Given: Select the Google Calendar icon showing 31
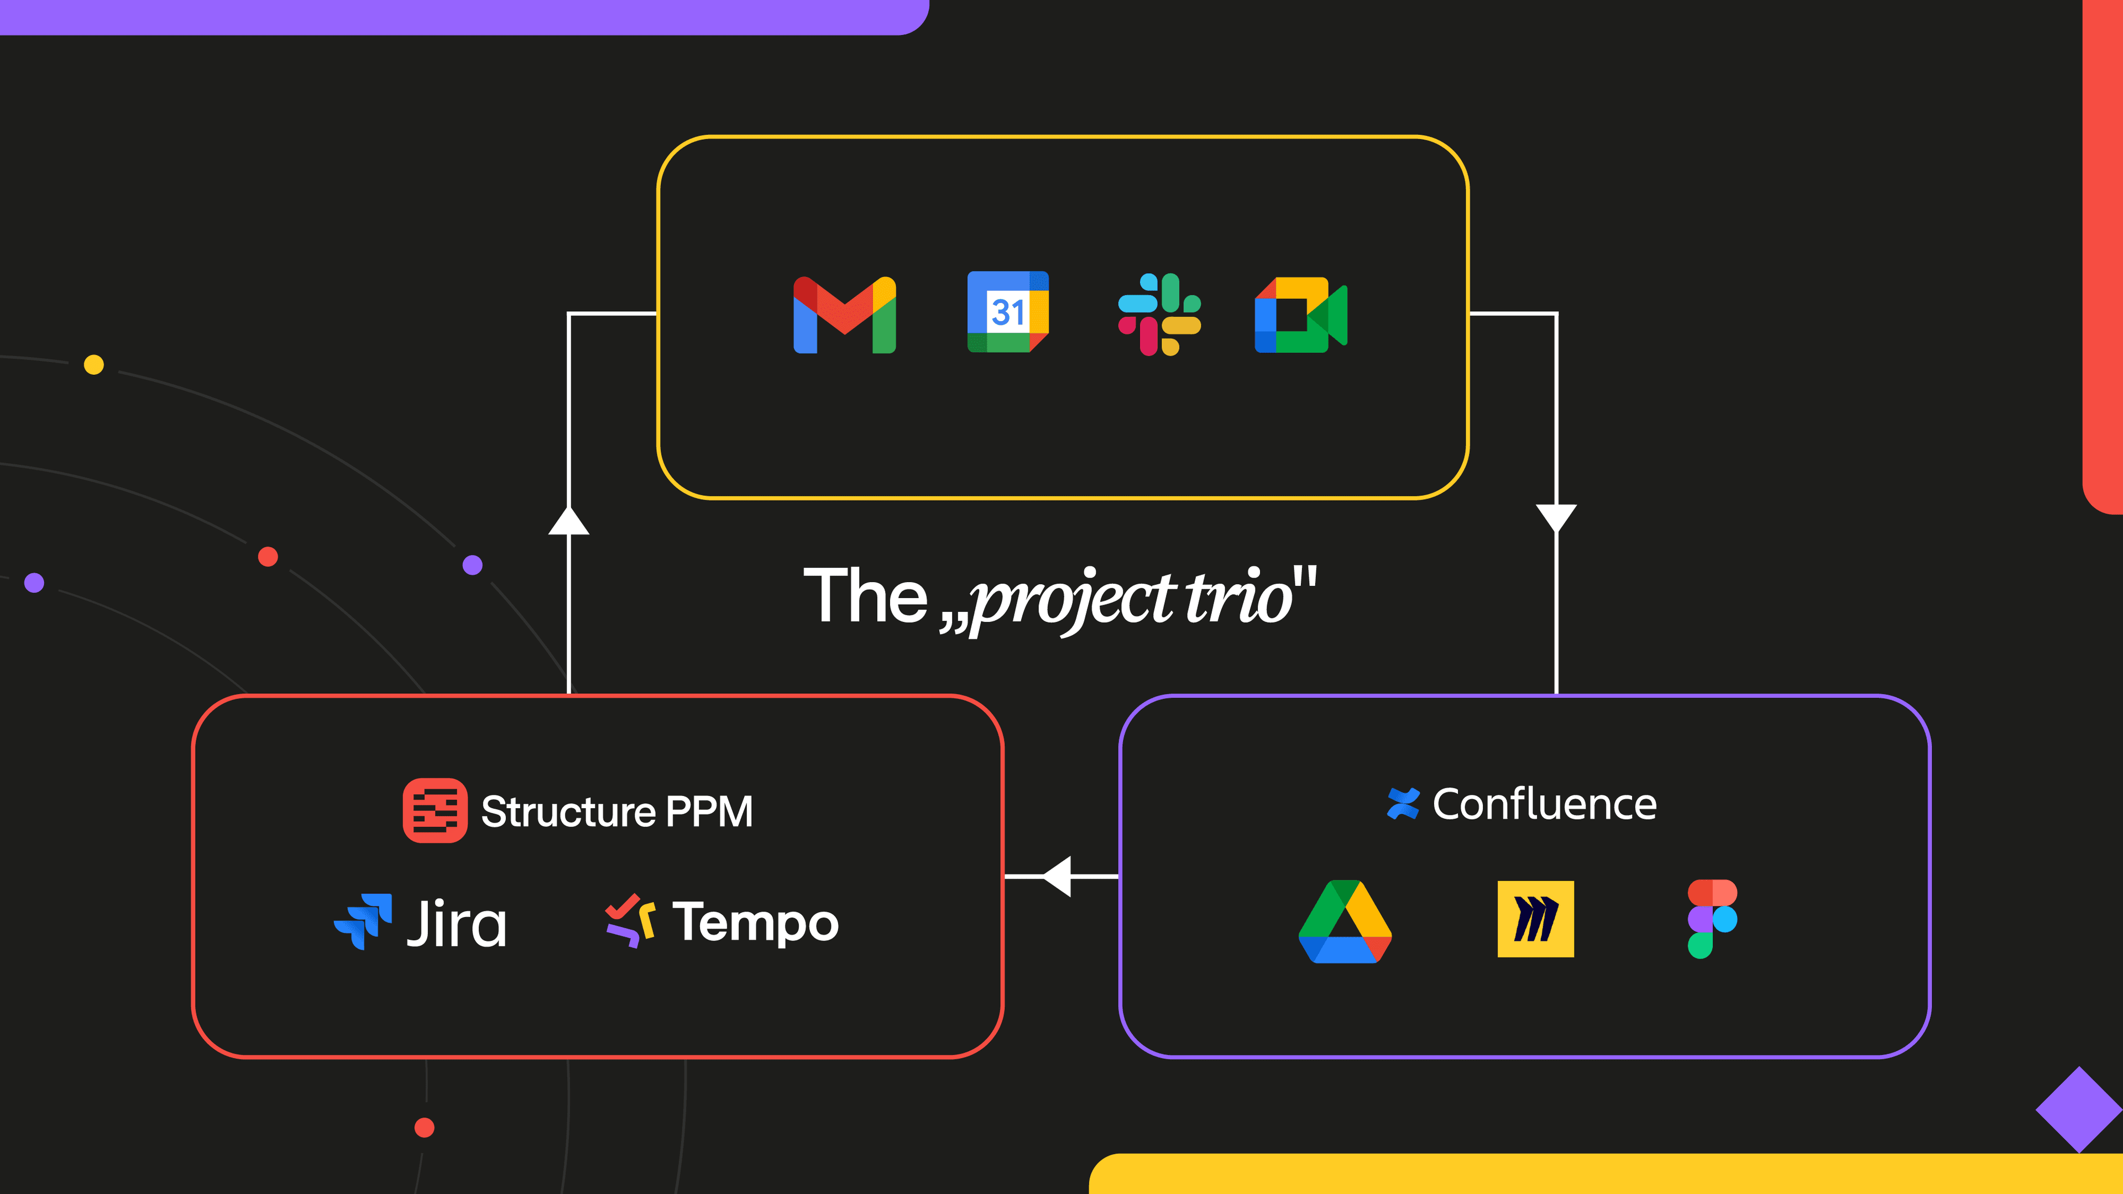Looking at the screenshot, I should [x=1007, y=311].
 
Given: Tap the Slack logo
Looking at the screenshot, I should [x=1159, y=314].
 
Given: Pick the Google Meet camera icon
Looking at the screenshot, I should [x=1300, y=314].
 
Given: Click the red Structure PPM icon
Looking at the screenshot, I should [x=435, y=810].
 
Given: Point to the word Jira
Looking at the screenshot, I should [x=457, y=923].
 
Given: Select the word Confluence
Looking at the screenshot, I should [x=1545, y=804].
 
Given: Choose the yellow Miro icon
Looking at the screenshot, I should [x=1535, y=919].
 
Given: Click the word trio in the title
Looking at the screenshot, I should [x=1238, y=596].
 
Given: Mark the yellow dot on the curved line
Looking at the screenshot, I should [x=94, y=364].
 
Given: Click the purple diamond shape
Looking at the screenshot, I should [x=2079, y=1109].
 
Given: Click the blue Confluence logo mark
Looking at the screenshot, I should [x=1403, y=803].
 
